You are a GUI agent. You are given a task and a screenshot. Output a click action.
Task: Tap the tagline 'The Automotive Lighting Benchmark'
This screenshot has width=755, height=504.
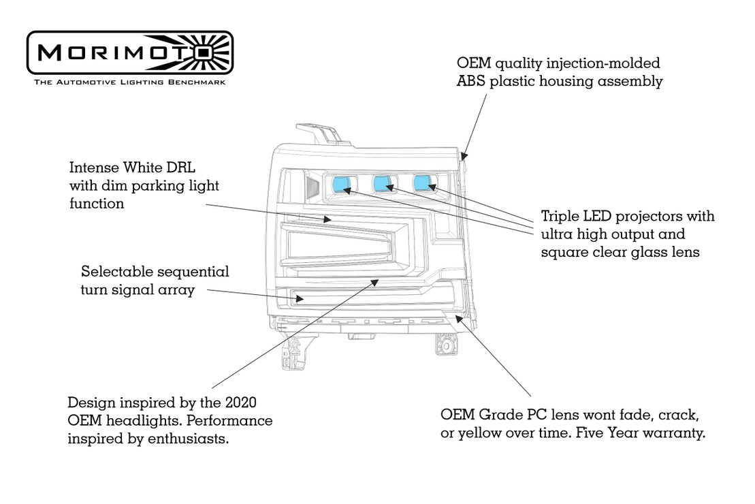pos(129,82)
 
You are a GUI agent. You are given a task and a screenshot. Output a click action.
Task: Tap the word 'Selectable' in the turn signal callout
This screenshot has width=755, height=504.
pos(116,272)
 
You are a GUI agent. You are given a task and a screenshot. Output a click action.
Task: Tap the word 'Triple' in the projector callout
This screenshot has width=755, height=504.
pos(562,217)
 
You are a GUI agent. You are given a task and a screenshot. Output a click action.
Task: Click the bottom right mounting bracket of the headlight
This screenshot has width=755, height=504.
pos(447,344)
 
